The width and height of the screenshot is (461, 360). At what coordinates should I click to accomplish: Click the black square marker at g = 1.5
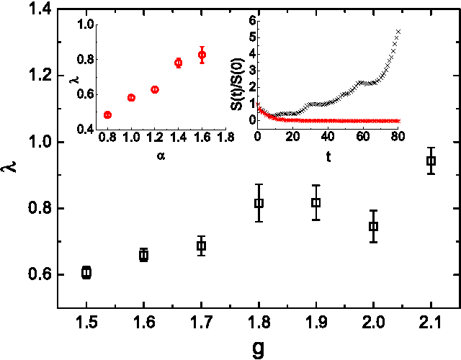tap(86, 272)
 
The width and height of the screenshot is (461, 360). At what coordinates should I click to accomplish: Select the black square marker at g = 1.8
tap(259, 203)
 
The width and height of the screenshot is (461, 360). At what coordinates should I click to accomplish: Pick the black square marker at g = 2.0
tap(373, 226)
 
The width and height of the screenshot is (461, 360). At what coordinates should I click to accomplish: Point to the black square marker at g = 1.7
tap(202, 246)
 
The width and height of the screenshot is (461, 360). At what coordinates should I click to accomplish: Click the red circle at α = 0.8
tap(107, 114)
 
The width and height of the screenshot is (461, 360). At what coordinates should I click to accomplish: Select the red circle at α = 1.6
tap(202, 55)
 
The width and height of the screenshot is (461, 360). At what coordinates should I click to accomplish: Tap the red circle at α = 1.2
tap(154, 89)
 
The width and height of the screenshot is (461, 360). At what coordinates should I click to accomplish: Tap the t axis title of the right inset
tap(328, 156)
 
